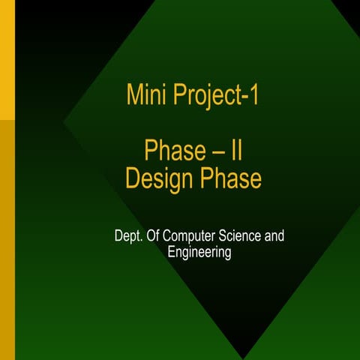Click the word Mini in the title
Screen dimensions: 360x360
pyautogui.click(x=144, y=96)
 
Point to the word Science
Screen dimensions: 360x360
pyautogui.click(x=242, y=237)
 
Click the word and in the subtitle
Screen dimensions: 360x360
pyautogui.click(x=275, y=237)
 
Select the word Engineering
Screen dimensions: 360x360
pyautogui.click(x=199, y=253)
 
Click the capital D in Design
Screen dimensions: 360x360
pyautogui.click(x=133, y=179)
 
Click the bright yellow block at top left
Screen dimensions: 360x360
pyautogui.click(x=7, y=60)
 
